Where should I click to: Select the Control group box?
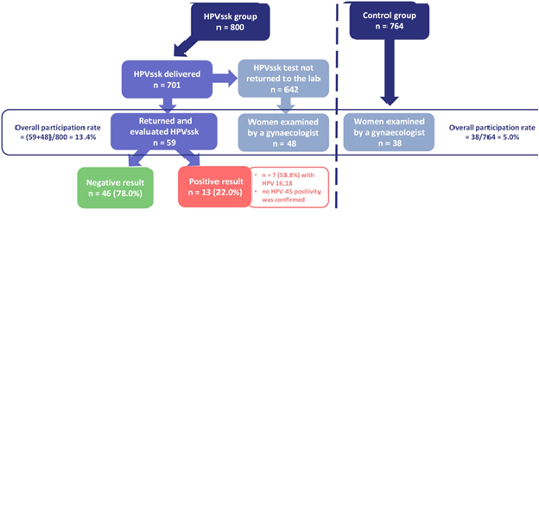click(389, 21)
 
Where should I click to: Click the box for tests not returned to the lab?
click(282, 80)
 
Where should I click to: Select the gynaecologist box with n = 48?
click(282, 132)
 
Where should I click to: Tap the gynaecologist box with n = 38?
click(388, 132)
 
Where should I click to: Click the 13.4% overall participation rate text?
click(57, 132)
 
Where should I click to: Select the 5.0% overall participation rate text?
click(491, 132)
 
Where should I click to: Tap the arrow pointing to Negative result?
click(133, 158)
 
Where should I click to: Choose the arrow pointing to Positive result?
click(191, 158)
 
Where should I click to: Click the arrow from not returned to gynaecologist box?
click(282, 105)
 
